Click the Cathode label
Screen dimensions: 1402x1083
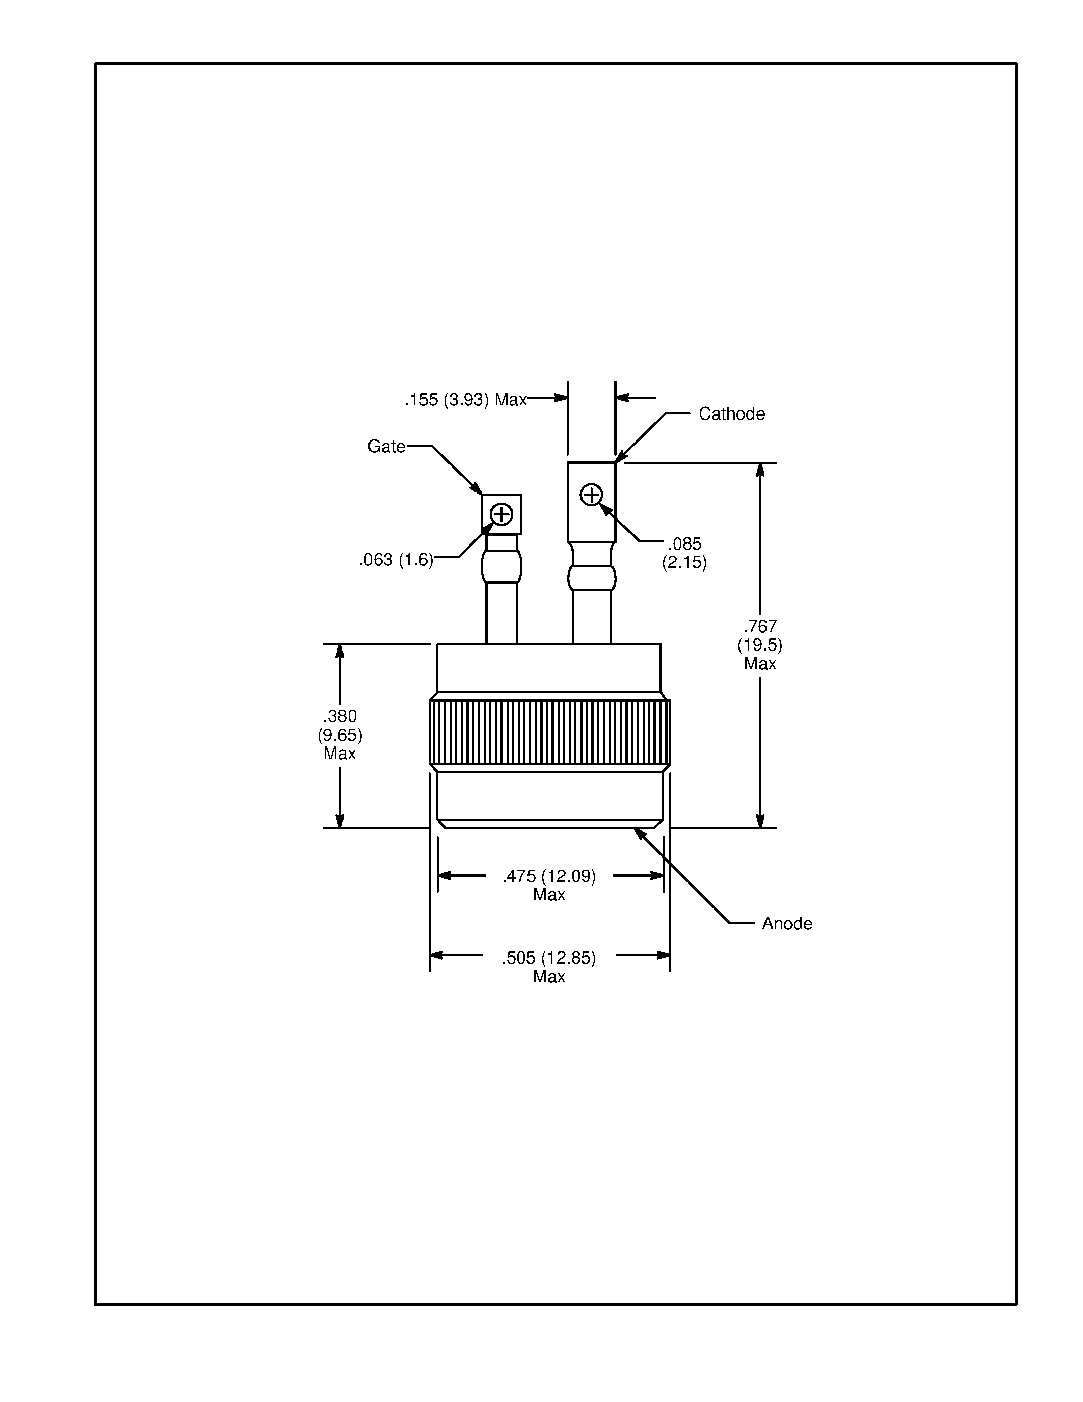[731, 414]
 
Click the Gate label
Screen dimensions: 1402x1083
[386, 446]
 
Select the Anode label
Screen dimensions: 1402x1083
[786, 924]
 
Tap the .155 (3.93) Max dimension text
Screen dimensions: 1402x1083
[465, 400]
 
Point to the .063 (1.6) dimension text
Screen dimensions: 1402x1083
[396, 560]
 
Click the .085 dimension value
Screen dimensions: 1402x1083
[684, 544]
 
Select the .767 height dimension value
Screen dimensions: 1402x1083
[760, 627]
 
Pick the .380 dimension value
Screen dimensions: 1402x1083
[339, 716]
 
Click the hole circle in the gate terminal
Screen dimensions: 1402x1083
[501, 514]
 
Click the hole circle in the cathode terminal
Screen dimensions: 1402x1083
[591, 495]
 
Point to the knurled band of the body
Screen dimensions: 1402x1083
[549, 732]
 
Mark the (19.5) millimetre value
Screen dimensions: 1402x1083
[760, 645]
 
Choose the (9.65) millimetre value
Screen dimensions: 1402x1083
[339, 735]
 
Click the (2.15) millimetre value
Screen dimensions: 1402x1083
[684, 563]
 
